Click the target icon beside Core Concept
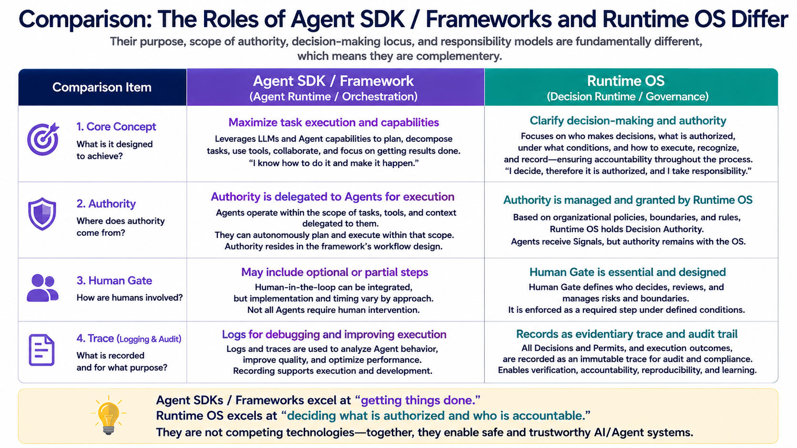click(43, 139)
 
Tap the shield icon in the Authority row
click(42, 214)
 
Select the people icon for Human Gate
click(42, 288)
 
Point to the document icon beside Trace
click(41, 350)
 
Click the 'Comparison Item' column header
click(102, 87)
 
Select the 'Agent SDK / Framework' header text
click(333, 81)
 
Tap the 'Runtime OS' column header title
click(625, 80)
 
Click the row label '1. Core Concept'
click(116, 127)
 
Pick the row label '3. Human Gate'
click(114, 280)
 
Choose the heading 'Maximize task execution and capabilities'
click(333, 122)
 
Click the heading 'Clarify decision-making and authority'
click(628, 121)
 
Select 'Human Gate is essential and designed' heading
click(627, 272)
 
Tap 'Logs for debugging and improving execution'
click(334, 334)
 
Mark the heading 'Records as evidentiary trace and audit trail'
click(626, 334)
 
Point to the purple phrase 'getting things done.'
click(420, 400)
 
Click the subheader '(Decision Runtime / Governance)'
click(627, 97)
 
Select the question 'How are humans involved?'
click(130, 298)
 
